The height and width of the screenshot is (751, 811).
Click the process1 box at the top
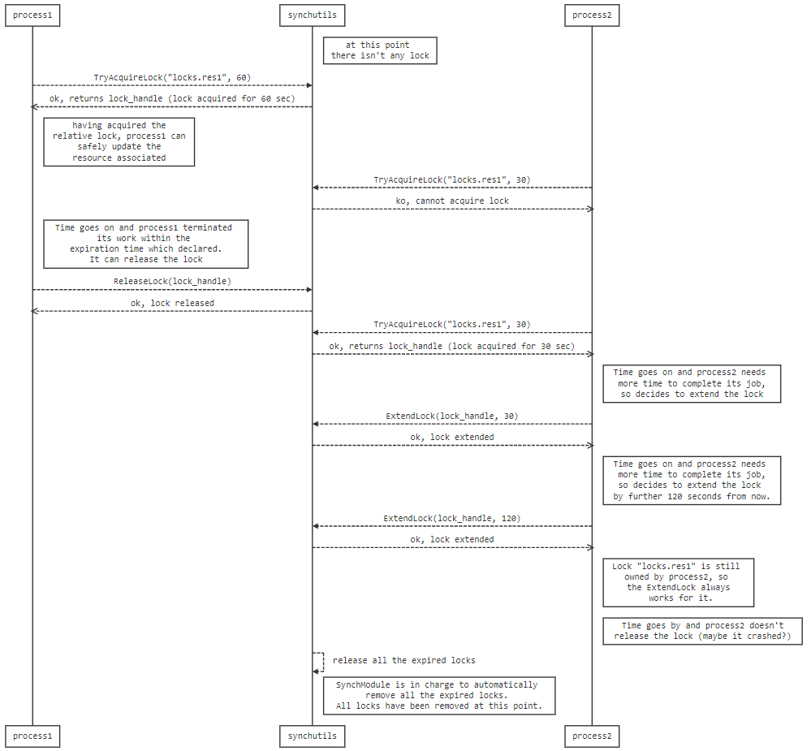(x=32, y=15)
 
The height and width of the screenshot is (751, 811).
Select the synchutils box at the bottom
(x=313, y=736)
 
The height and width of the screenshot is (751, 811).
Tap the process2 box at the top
(x=592, y=15)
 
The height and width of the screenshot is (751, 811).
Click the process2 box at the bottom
(x=592, y=736)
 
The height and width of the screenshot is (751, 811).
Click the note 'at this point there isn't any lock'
(x=380, y=50)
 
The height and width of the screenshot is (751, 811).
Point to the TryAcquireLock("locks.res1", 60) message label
(x=172, y=78)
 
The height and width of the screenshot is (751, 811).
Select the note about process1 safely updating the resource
(x=119, y=142)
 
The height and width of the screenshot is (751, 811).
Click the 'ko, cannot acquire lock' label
(x=452, y=201)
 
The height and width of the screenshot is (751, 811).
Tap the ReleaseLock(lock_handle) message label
(x=172, y=282)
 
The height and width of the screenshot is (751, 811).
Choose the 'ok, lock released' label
(x=172, y=303)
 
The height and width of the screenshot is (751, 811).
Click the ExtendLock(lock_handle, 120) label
(x=452, y=518)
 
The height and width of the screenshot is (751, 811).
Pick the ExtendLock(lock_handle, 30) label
(x=452, y=416)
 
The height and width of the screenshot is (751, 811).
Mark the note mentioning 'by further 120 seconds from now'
(x=692, y=481)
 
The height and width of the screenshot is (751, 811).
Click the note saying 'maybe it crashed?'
(x=702, y=631)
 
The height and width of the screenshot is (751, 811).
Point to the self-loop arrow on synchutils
(x=324, y=662)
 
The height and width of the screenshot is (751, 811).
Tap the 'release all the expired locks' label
(x=404, y=661)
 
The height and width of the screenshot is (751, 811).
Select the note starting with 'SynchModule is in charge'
(x=439, y=696)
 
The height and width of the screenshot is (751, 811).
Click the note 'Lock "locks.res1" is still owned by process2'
(x=678, y=582)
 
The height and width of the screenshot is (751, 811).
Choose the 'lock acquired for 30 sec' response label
(x=452, y=346)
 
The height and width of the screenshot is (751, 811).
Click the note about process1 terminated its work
(x=146, y=244)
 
